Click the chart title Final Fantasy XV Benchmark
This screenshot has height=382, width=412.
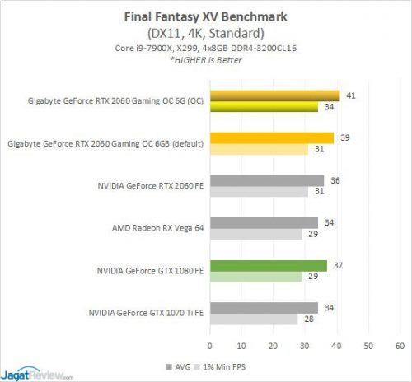206,14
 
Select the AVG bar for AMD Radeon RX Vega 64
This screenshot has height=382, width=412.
264,222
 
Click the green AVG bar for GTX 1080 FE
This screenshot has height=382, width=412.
268,265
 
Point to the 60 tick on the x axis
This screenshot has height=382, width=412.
400,344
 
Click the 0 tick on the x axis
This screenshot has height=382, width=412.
210,344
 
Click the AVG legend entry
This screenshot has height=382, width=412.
182,364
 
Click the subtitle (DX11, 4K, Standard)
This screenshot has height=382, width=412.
206,34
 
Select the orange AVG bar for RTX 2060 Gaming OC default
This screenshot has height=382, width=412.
272,137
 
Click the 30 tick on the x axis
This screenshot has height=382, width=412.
305,344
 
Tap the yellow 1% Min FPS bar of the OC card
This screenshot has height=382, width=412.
264,106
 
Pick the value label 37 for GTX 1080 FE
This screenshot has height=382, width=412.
335,265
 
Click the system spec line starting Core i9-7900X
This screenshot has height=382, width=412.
206,49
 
